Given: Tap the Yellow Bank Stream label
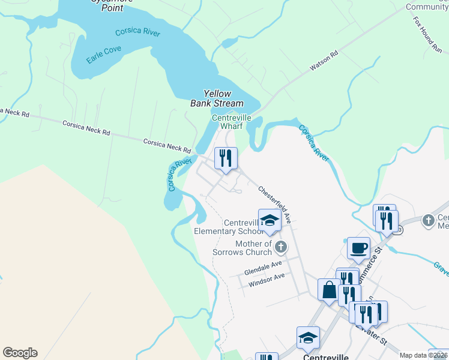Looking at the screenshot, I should pyautogui.click(x=217, y=98).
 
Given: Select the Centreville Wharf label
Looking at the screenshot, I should pyautogui.click(x=231, y=122).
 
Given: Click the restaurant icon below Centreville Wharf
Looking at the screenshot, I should pyautogui.click(x=226, y=158).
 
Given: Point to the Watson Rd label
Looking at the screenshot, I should pyautogui.click(x=324, y=61).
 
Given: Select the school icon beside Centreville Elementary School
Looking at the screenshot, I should pyautogui.click(x=270, y=220).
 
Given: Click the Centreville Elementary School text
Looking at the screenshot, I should pyautogui.click(x=228, y=226).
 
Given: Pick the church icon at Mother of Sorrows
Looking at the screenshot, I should pyautogui.click(x=280, y=247).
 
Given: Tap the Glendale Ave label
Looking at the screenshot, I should pyautogui.click(x=263, y=268).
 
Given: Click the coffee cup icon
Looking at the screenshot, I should pyautogui.click(x=358, y=248).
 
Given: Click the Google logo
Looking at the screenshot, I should pyautogui.click(x=20, y=353).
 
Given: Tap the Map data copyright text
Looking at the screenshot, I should pyautogui.click(x=423, y=355).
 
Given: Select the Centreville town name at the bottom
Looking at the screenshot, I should pyautogui.click(x=325, y=356).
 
